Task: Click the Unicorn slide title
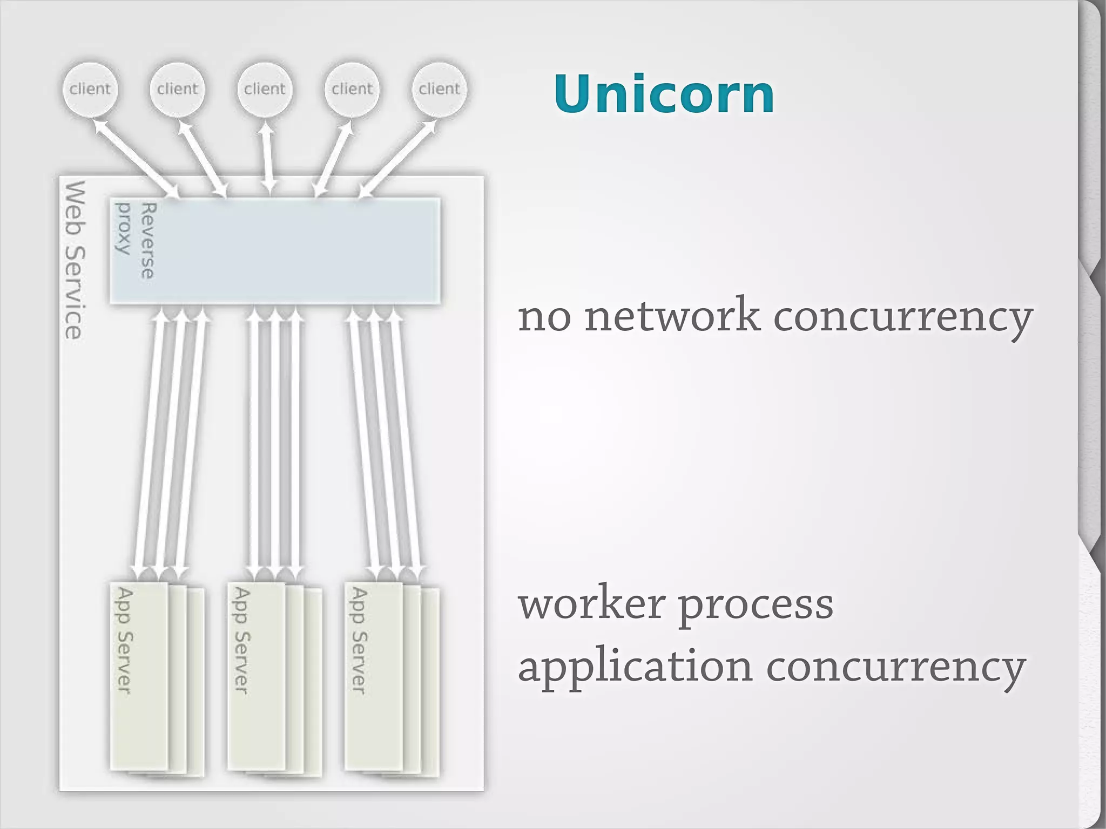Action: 664,94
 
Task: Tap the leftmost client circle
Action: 90,89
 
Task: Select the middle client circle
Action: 265,89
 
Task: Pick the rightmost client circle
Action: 439,89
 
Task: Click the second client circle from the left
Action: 177,89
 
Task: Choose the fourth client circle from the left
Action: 352,89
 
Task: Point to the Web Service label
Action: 75,260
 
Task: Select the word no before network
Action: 544,317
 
